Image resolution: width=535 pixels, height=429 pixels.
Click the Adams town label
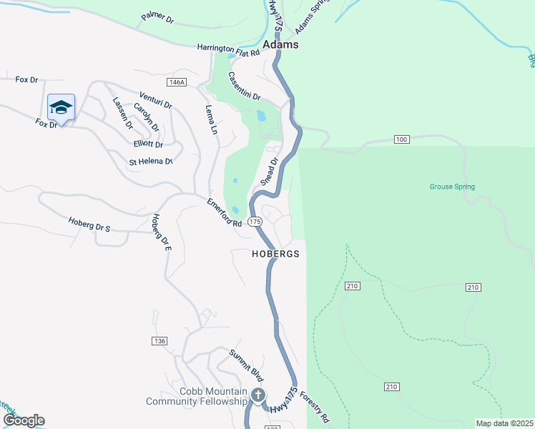[280, 44]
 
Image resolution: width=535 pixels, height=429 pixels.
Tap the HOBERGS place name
[275, 254]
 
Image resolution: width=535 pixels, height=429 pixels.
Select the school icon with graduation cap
[61, 108]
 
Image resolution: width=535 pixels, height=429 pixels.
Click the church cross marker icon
[258, 395]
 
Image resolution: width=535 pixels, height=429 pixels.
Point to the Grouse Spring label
[452, 187]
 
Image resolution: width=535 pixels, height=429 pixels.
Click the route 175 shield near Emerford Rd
[255, 222]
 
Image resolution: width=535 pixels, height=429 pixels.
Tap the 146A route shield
[175, 83]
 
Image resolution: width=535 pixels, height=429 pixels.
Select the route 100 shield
[401, 139]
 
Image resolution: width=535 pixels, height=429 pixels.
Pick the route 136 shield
[159, 341]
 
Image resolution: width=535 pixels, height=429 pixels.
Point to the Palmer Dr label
[157, 16]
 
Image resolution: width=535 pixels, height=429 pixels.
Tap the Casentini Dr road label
[245, 86]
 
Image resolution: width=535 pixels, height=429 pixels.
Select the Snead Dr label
[268, 172]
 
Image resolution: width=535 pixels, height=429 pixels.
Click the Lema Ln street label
[211, 120]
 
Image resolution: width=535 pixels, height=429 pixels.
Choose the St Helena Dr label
[151, 162]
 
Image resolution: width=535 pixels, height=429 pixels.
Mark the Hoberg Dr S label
[89, 224]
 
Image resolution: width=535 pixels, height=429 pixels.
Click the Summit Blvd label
[247, 365]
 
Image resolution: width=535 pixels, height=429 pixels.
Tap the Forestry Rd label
[314, 407]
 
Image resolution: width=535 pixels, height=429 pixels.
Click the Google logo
[23, 420]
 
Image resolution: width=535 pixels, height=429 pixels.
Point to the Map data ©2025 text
[504, 423]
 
